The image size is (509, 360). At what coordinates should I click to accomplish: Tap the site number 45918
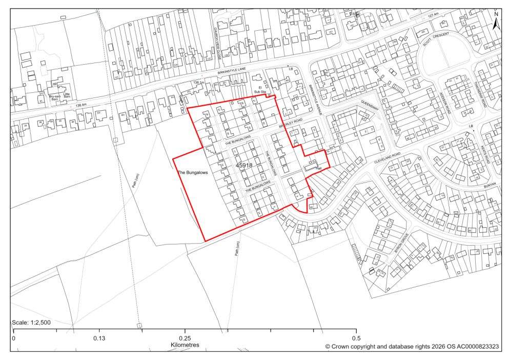coord(244,166)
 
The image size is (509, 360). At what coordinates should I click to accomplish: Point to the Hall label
coord(318,168)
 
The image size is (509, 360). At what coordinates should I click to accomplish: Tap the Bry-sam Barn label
coord(54,97)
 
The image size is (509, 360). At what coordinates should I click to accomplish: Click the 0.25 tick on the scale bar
coord(185,338)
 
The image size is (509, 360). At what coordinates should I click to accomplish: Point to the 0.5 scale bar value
coord(356,338)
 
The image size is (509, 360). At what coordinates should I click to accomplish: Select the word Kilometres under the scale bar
coord(185,345)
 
